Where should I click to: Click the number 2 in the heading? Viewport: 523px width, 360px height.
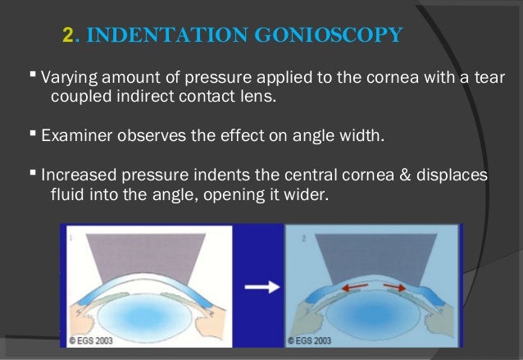68,35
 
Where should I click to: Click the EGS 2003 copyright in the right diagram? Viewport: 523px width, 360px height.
312,337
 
